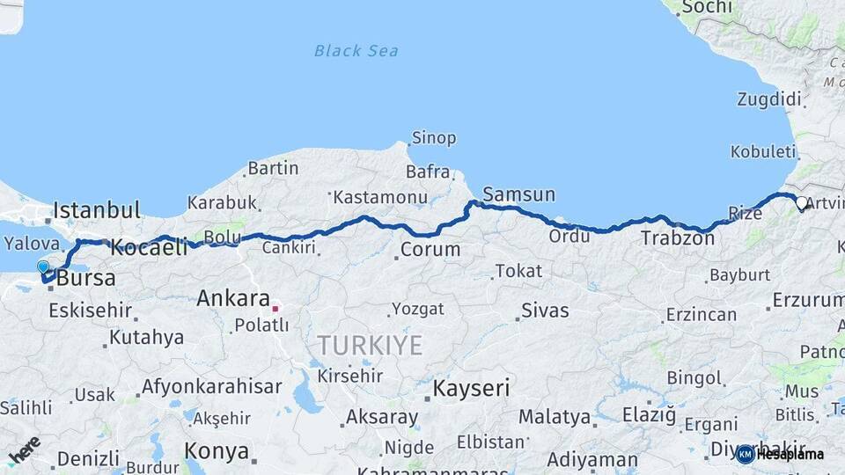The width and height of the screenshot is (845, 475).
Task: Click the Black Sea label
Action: [356, 51]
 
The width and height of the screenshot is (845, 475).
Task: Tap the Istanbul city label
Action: [97, 210]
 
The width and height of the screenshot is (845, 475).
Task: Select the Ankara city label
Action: [232, 298]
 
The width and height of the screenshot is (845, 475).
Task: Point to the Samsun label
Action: [518, 194]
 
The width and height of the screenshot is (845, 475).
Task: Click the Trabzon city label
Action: [677, 237]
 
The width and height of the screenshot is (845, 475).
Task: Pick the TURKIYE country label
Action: [370, 345]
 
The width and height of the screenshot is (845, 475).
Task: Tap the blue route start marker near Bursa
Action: [43, 267]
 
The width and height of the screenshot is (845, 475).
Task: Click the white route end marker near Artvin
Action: [801, 203]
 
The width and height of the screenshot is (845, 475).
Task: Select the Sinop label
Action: [433, 138]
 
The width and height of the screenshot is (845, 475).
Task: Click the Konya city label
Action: [216, 451]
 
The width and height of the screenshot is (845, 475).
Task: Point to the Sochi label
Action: [706, 7]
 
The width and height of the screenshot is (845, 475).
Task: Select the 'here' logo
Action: [24, 449]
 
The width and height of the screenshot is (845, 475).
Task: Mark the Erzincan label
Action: [701, 314]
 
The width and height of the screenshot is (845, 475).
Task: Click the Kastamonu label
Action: [380, 198]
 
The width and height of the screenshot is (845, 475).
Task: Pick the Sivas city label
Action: [545, 311]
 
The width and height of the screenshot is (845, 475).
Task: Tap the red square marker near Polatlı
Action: [275, 308]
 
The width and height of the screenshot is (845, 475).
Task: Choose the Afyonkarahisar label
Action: [211, 386]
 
